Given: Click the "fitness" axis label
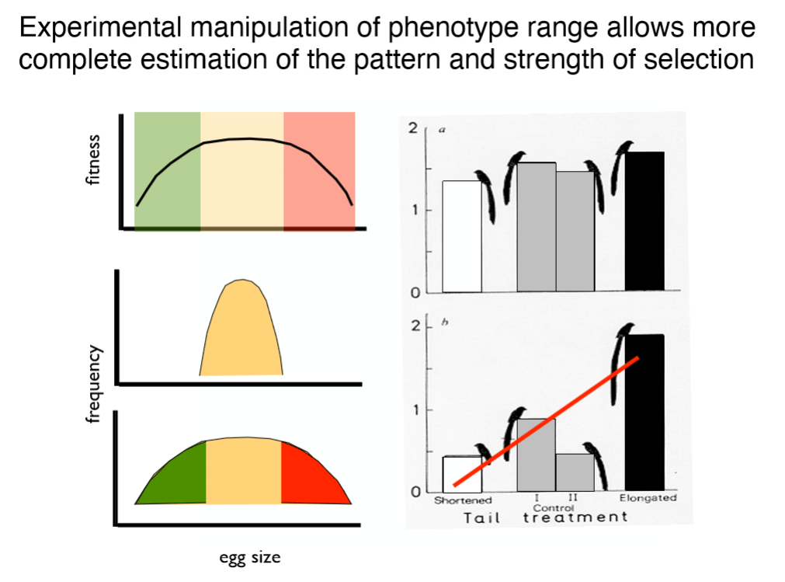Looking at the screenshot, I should [x=94, y=159].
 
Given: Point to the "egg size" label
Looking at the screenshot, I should [x=249, y=556].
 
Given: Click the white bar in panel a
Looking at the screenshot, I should [x=462, y=237].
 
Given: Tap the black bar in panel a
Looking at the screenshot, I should [x=644, y=221].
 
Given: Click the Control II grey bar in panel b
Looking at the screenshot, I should [x=575, y=472].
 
